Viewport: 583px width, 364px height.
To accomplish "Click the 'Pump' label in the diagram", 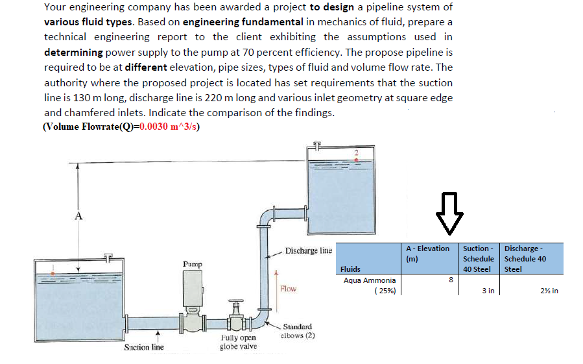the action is [x=192, y=264].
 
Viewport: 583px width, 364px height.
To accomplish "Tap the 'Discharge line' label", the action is [x=309, y=250].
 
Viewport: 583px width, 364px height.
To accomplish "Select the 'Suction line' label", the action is [x=143, y=347].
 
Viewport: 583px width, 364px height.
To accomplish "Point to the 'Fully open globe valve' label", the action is [x=238, y=342].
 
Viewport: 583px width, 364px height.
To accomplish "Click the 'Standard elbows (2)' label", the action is [x=297, y=331].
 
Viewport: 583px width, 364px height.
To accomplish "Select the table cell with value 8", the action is [x=450, y=280].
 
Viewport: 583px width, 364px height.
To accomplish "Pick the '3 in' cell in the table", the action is [x=488, y=291].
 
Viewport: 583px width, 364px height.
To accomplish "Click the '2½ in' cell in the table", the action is [x=549, y=291].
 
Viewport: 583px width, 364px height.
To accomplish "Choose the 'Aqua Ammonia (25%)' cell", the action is [x=370, y=285].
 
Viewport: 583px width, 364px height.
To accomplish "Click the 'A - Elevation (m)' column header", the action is [x=427, y=253].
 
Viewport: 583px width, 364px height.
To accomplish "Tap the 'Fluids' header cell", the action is [x=351, y=269].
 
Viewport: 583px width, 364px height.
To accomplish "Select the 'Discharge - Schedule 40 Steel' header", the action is [x=525, y=258].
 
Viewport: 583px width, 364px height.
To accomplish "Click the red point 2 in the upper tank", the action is [x=355, y=154].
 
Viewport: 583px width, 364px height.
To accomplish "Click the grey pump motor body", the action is [x=193, y=288].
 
